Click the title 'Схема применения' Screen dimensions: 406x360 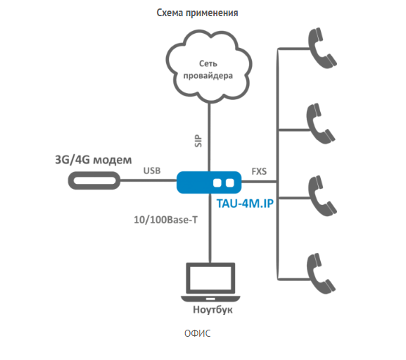point(197,13)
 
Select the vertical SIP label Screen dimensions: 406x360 point(198,141)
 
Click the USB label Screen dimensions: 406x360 point(152,170)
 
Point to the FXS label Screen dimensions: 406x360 point(259,171)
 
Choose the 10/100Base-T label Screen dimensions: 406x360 point(166,220)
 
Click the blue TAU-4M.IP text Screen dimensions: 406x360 point(245,204)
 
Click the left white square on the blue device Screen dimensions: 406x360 point(217,183)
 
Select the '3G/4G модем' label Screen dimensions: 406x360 point(94,160)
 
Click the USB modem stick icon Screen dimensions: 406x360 point(94,180)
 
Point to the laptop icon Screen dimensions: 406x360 point(210,283)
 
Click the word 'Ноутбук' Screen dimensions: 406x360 point(212,310)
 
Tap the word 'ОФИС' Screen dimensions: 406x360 point(197,333)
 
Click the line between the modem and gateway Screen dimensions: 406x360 point(148,180)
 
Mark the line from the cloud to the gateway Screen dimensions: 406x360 point(209,137)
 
